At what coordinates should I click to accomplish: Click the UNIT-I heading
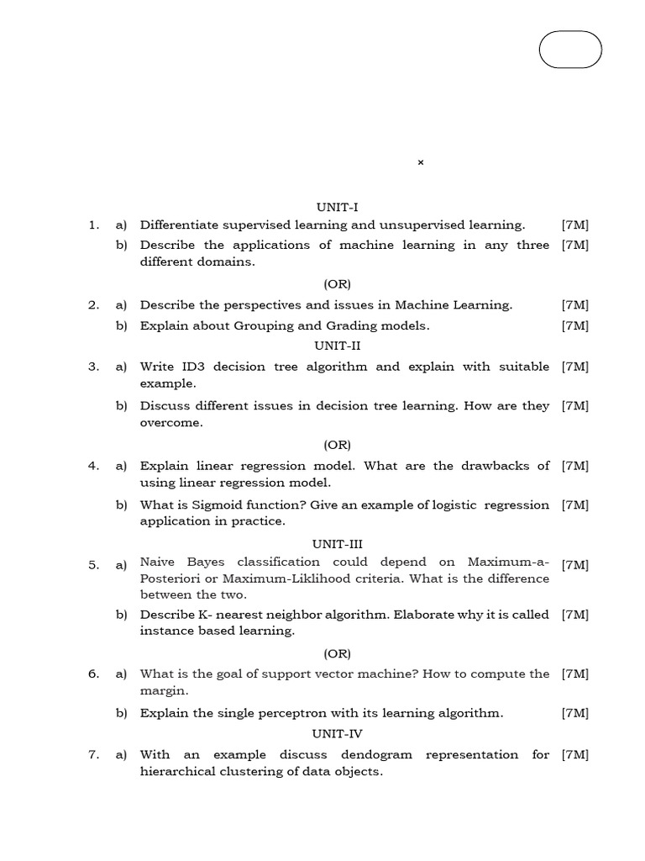click(337, 207)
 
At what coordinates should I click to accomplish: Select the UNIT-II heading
click(337, 346)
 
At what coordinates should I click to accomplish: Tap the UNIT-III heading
click(337, 544)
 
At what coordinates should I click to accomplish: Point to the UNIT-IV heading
click(337, 733)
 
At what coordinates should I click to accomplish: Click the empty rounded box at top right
click(570, 50)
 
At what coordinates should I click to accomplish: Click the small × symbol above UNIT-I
click(421, 162)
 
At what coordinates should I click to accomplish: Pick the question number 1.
click(93, 225)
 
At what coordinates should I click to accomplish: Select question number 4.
click(93, 466)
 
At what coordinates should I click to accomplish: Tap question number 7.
click(93, 755)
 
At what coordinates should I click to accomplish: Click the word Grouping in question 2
click(251, 325)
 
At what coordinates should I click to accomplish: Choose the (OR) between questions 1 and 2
click(337, 284)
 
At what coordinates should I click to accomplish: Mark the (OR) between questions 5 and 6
click(337, 653)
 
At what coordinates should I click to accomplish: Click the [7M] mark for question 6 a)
click(575, 674)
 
